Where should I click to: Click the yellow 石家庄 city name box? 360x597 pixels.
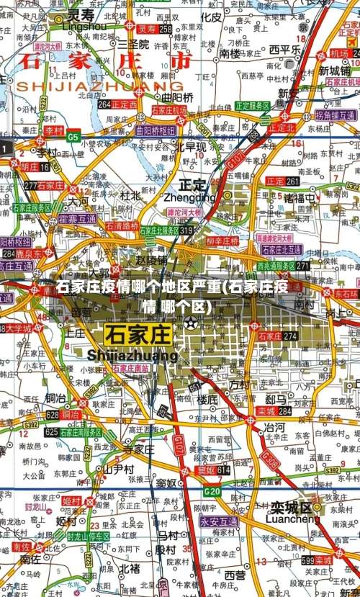139,334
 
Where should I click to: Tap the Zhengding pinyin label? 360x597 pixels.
189,197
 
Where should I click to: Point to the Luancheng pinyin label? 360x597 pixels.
292,519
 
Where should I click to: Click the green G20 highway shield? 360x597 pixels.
212,491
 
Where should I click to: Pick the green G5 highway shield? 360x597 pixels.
73,136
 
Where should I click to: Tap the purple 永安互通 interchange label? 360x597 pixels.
219,521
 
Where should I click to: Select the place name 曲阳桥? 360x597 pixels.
177,97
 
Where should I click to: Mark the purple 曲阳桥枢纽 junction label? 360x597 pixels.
156,131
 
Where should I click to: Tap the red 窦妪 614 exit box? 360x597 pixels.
213,470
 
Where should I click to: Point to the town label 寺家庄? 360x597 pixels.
139,449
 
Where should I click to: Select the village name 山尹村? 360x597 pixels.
118,469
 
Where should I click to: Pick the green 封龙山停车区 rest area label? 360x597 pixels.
89,537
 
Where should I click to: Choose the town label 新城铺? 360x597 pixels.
335,71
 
